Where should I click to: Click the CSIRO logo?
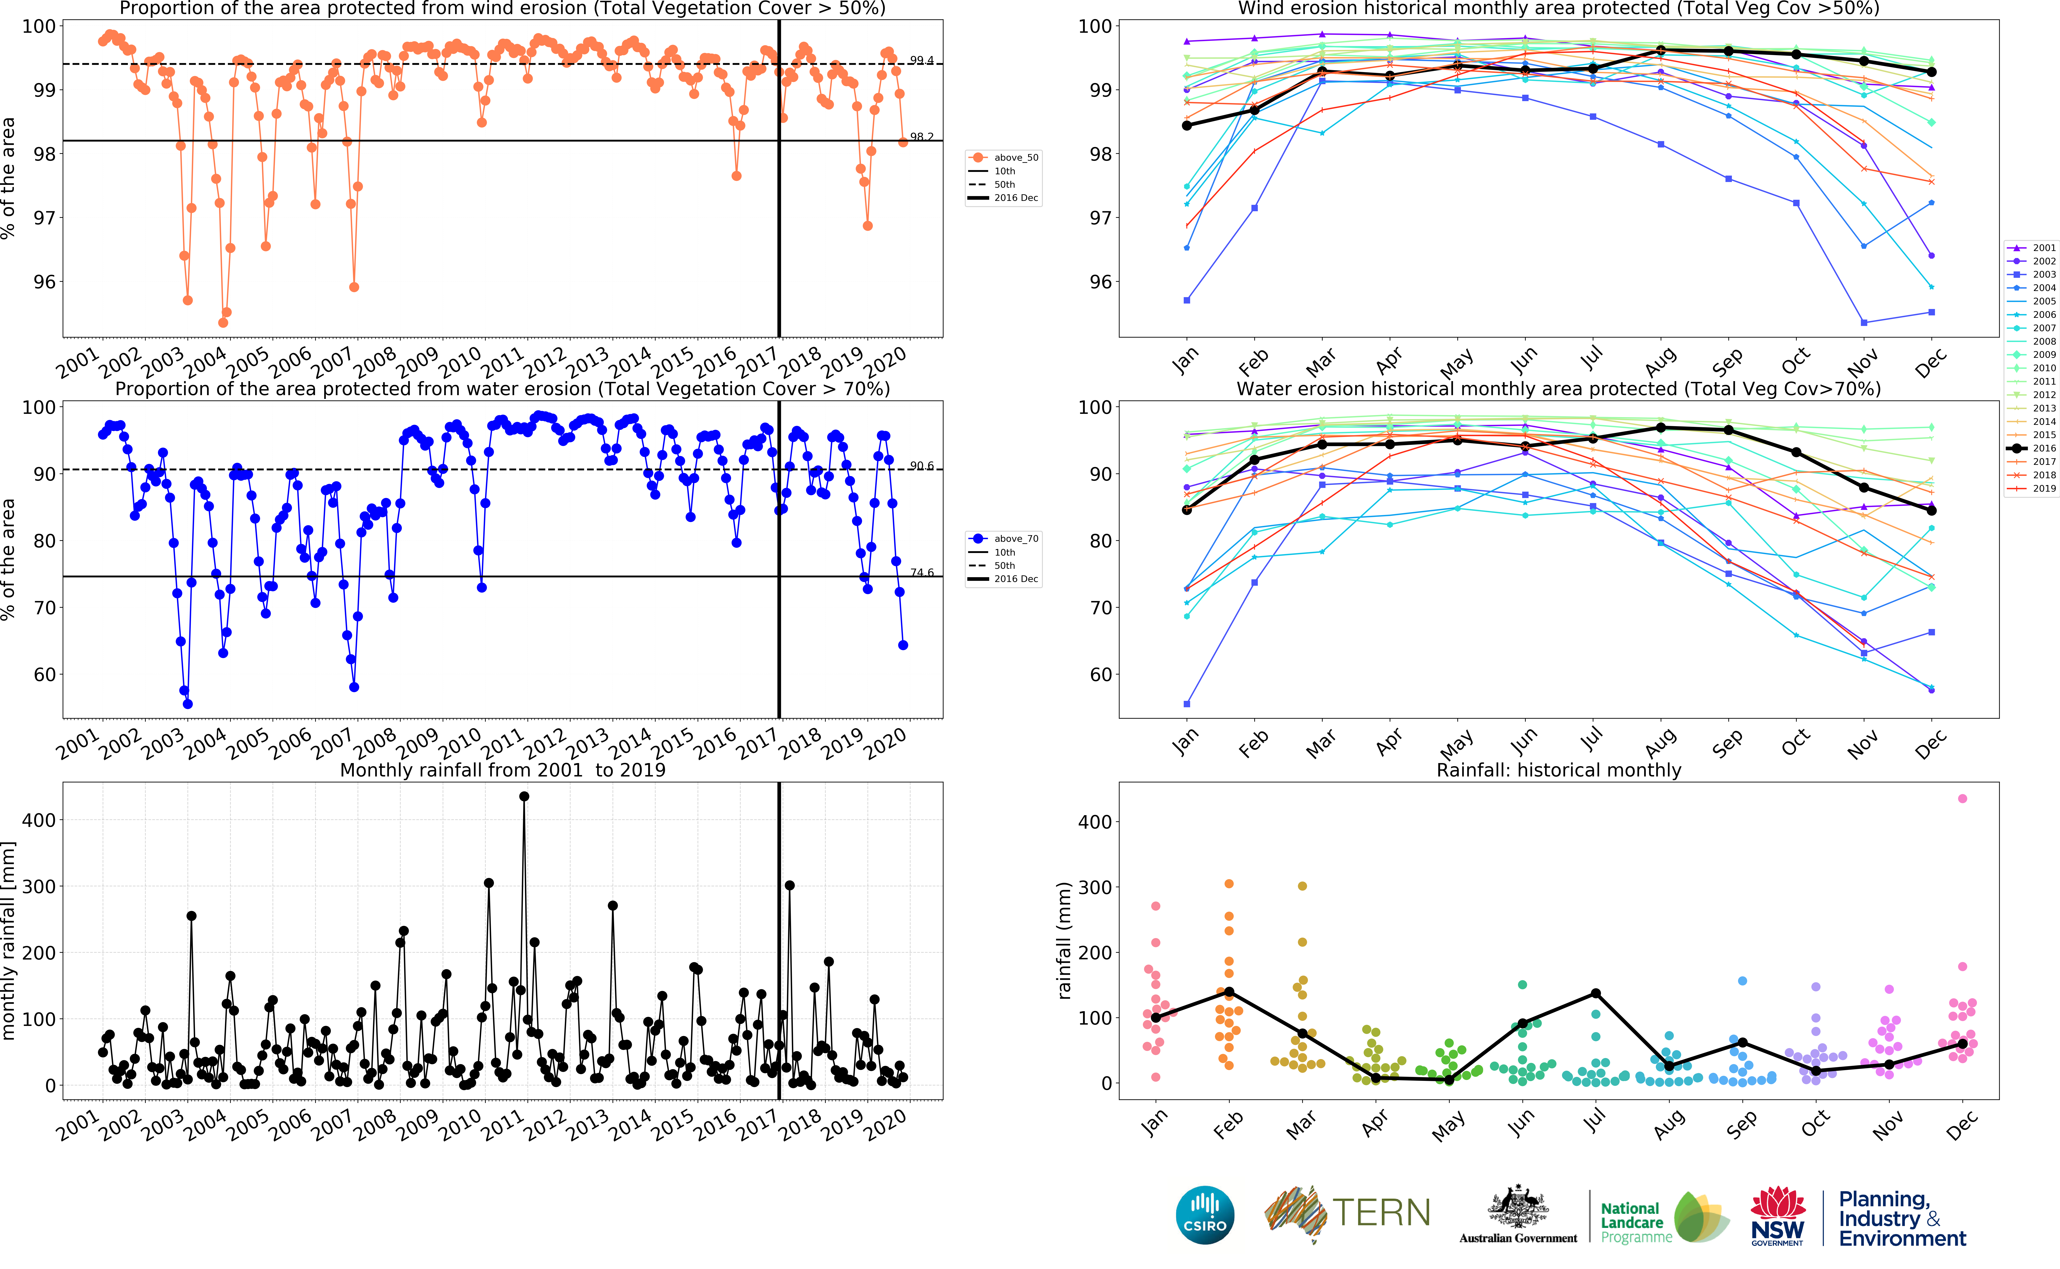(1205, 1214)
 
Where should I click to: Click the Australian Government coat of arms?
(1517, 1209)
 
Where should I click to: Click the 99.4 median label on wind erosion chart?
(921, 60)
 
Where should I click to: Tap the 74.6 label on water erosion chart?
(921, 572)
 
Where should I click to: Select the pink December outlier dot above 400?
(1962, 798)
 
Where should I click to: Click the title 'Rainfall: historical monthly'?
(1558, 770)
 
